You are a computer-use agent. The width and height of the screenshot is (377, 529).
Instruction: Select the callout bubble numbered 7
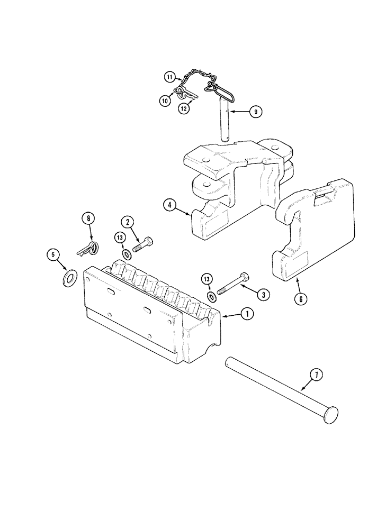coord(315,375)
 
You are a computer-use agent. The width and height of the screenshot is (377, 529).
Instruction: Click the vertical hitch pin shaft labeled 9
coord(224,122)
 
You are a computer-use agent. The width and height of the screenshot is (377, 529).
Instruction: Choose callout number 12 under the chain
coord(184,109)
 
